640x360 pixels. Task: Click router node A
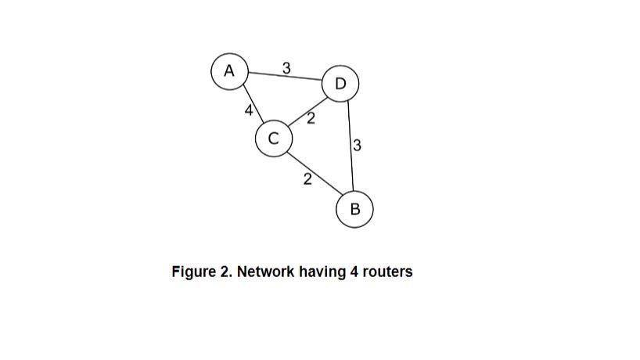tap(229, 70)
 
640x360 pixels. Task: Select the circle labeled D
tap(340, 84)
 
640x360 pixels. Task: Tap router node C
tap(273, 139)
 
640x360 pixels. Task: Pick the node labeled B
tap(354, 209)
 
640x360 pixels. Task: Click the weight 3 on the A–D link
tap(286, 68)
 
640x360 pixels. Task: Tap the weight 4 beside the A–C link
tap(248, 111)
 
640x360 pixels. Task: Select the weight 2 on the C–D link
tap(311, 119)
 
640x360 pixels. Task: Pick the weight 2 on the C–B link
tap(307, 179)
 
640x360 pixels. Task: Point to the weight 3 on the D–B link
tap(357, 146)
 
